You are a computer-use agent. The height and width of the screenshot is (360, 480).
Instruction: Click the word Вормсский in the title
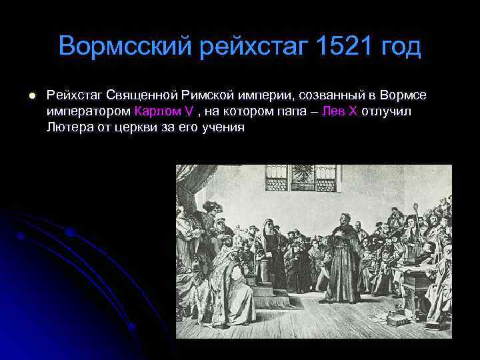(125, 47)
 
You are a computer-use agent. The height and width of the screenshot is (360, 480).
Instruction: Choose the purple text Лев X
(339, 111)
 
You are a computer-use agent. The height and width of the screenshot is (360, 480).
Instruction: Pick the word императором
(89, 111)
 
